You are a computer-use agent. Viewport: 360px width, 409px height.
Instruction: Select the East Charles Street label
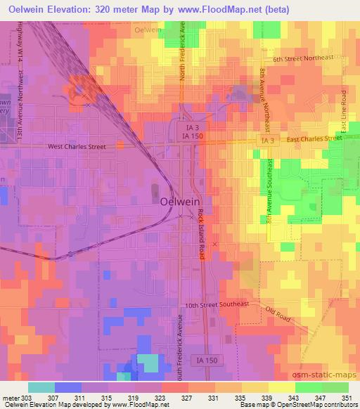point(314,138)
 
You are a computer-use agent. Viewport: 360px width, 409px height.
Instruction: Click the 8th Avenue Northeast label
point(264,98)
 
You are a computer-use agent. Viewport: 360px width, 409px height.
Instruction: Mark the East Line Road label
point(343,110)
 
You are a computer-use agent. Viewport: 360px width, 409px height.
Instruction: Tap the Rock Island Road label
point(201,234)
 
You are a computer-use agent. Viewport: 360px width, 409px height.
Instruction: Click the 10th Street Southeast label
point(217,305)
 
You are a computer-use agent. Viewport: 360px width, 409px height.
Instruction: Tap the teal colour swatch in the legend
point(41,387)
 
